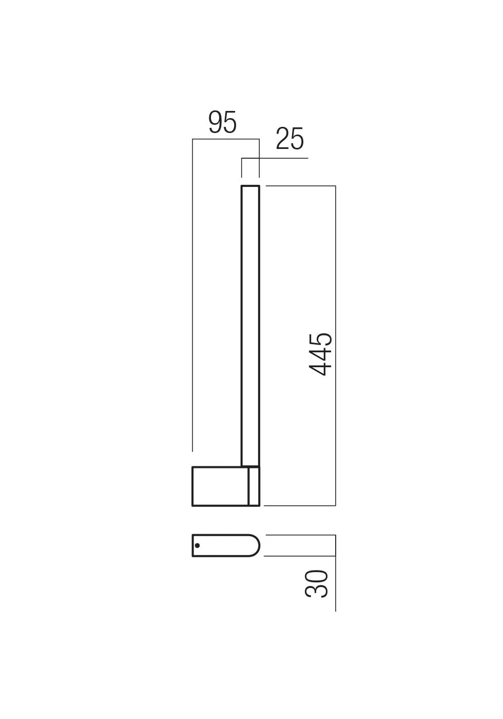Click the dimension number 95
pyautogui.click(x=222, y=123)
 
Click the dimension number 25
pyautogui.click(x=289, y=139)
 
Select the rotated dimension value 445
pyautogui.click(x=321, y=354)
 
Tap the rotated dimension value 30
pyautogui.click(x=317, y=583)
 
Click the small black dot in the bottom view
pyautogui.click(x=198, y=545)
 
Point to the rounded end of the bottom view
pyautogui.click(x=256, y=545)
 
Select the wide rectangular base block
pyautogui.click(x=220, y=486)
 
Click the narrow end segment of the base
pyautogui.click(x=254, y=486)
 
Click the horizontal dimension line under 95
pyautogui.click(x=226, y=139)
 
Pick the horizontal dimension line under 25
pyautogui.click(x=277, y=158)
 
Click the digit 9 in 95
pyautogui.click(x=215, y=123)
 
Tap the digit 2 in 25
pyautogui.click(x=282, y=139)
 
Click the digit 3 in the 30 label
pyautogui.click(x=317, y=591)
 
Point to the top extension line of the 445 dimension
pyautogui.click(x=300, y=186)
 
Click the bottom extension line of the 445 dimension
pyautogui.click(x=300, y=506)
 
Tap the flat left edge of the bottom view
pyautogui.click(x=193, y=545)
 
